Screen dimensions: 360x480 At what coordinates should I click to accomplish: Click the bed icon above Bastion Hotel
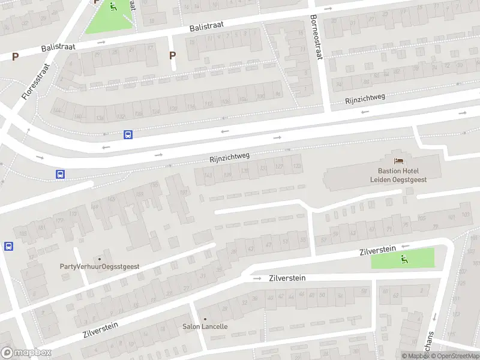tap(398, 160)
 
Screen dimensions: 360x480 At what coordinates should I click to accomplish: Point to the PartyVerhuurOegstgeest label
tap(100, 266)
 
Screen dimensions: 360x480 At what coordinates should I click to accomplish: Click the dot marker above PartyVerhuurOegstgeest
tap(100, 258)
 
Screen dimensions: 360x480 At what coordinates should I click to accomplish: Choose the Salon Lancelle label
tap(205, 326)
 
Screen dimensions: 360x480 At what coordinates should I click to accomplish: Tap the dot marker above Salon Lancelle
tap(205, 319)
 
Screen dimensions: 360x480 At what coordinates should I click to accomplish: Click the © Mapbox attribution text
tap(416, 356)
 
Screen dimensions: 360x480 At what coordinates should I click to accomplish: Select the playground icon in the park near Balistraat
tap(113, 7)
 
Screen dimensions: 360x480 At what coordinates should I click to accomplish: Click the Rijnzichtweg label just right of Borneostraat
tap(365, 98)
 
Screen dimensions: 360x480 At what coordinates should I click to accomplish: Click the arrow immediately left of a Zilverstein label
tap(257, 278)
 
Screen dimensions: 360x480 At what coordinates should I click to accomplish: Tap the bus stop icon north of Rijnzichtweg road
tap(128, 135)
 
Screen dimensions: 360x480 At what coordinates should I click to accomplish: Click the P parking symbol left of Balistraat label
tap(15, 57)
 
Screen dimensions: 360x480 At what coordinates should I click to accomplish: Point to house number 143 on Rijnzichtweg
tap(208, 175)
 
